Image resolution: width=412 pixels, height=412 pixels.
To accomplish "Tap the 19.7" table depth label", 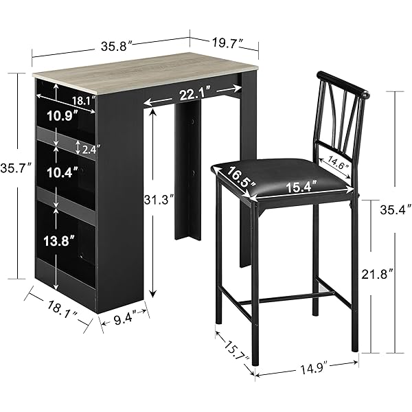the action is click(227, 43).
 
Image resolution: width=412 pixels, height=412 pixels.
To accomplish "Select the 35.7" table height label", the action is click(16, 168).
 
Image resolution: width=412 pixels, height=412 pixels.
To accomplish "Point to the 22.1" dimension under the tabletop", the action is click(195, 94).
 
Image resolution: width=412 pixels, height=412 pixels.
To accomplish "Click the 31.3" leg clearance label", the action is click(159, 201).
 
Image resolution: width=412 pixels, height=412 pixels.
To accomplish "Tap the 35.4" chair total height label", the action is click(396, 209).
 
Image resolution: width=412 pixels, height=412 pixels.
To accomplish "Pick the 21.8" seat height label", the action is click(377, 275).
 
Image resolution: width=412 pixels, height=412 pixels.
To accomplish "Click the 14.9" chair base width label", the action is click(314, 370).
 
